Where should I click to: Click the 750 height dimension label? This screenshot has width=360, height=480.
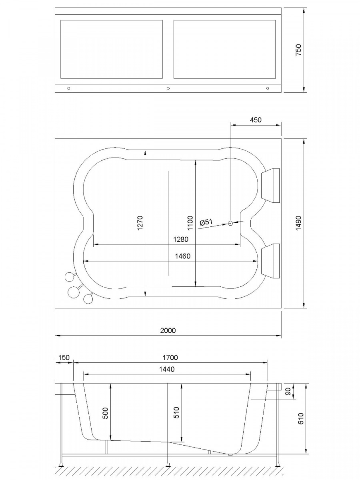tap(298, 50)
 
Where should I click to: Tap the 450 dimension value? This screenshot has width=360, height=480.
tap(256, 120)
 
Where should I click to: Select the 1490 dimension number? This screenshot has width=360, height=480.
tap(298, 223)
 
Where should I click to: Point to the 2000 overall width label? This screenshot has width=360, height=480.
tap(168, 330)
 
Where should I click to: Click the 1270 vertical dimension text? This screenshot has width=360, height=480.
tap(140, 223)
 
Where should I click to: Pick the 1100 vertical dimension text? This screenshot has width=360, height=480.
tap(190, 223)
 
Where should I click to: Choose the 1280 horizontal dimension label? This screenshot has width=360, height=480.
tap(181, 239)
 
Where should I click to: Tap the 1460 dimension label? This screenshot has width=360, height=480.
tap(183, 256)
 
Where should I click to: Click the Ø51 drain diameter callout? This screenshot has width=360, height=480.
tap(206, 222)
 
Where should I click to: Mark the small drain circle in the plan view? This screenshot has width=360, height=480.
tap(230, 223)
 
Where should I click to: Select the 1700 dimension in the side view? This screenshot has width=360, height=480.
tap(170, 358)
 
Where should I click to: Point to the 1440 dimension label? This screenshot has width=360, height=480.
tap(167, 369)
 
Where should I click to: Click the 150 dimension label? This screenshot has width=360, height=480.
tap(64, 358)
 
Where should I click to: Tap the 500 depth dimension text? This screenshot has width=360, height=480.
tap(105, 413)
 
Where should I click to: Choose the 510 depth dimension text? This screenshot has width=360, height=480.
tap(176, 413)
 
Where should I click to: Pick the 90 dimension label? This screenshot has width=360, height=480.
tap(288, 391)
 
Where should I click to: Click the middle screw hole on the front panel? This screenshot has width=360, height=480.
tap(168, 88)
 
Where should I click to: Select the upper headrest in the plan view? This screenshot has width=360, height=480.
tap(270, 186)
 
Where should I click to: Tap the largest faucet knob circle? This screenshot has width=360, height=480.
tap(74, 292)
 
